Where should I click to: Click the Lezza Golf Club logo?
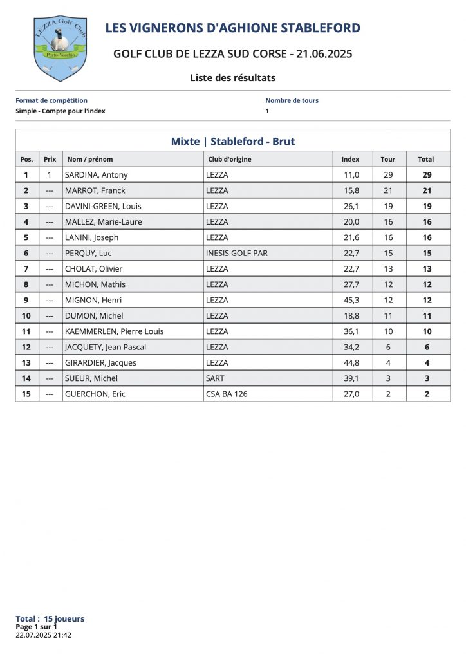tap(60, 49)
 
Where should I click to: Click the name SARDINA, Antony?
tap(97, 175)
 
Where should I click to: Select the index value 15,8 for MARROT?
tap(351, 190)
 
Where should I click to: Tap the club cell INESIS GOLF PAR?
tap(236, 253)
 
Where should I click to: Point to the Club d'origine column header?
tap(230, 159)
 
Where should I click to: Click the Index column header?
tap(350, 159)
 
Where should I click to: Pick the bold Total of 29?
tap(426, 175)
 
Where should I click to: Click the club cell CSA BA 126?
tap(227, 394)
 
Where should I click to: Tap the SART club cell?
tap(215, 378)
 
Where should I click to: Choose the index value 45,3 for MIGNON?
tap(351, 300)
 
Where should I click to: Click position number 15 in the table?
tap(26, 394)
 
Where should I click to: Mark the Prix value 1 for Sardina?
tap(50, 175)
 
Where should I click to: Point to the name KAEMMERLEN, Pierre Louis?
tap(115, 331)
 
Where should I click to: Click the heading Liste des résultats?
tap(232, 78)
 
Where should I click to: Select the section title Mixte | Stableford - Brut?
tap(232, 142)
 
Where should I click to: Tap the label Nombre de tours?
tap(292, 100)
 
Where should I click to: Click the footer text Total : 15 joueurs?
tap(50, 619)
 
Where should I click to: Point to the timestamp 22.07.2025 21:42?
tap(43, 635)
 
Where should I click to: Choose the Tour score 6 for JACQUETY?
tap(388, 347)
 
